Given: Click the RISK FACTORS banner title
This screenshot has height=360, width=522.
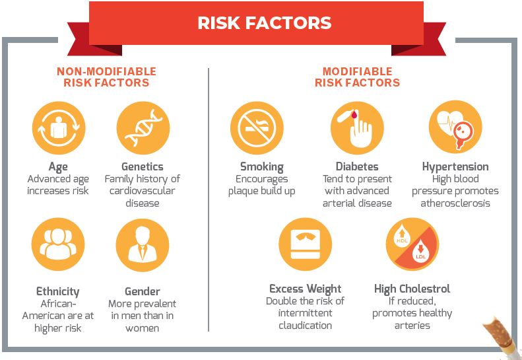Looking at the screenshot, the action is [x=265, y=23].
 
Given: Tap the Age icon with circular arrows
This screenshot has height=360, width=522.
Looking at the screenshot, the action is [x=59, y=128].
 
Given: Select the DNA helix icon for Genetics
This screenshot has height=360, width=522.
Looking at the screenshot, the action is [x=143, y=128].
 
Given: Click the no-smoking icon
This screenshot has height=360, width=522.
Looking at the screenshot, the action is [x=257, y=128].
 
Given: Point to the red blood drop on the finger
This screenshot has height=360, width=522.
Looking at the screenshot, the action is [x=354, y=115].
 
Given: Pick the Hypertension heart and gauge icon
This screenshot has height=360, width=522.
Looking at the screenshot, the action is [x=455, y=127].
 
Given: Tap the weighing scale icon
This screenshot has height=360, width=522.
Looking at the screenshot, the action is [x=306, y=244].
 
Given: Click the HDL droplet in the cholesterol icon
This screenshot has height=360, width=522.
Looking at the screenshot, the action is [x=402, y=236].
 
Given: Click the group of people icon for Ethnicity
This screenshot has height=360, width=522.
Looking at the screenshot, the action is [x=58, y=244].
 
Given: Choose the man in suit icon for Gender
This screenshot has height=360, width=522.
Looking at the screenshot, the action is [x=143, y=245].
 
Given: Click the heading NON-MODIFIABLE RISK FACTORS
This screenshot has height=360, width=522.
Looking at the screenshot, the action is [x=106, y=77].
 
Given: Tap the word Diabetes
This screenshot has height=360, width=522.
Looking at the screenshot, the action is [x=357, y=166].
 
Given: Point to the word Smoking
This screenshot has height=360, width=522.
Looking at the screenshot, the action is [x=262, y=166].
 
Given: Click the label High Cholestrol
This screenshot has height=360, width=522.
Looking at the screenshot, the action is [x=412, y=289].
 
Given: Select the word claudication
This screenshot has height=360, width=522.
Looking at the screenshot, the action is [x=306, y=326].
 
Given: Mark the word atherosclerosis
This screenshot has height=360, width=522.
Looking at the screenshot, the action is [x=455, y=203].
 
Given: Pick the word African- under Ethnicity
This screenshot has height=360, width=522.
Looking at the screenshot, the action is [x=58, y=304].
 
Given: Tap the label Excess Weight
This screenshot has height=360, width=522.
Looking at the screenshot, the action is [x=306, y=289].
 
